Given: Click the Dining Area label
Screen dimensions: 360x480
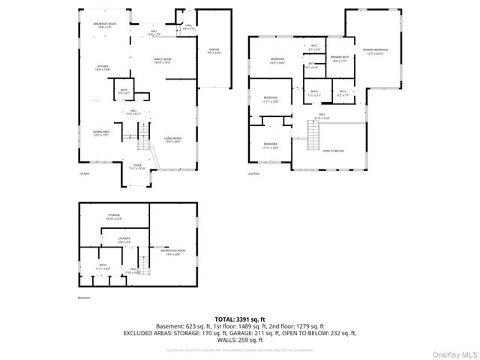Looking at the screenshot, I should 101,133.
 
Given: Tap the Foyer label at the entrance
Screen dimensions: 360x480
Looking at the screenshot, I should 137,166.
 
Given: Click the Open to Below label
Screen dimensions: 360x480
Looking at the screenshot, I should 333,151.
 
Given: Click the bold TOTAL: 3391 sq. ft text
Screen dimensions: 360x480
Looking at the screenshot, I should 239,319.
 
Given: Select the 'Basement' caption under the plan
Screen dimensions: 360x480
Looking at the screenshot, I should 84,297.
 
